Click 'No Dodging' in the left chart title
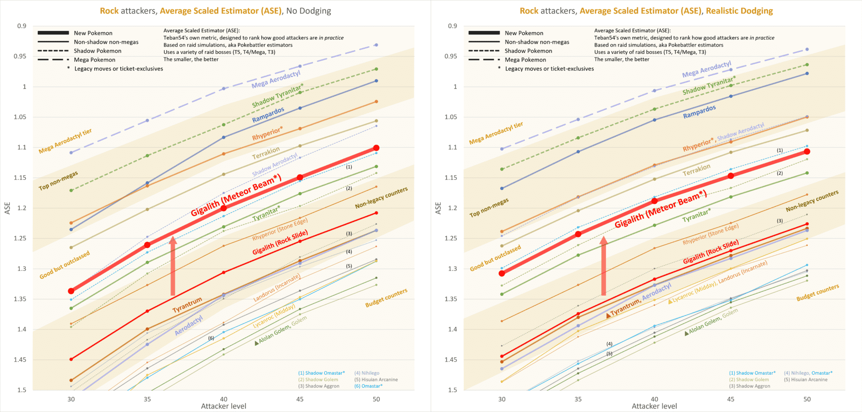point(308,11)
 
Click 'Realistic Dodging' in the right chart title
point(739,11)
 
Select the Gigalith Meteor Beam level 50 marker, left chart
point(376,148)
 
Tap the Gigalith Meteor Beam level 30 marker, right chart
point(502,273)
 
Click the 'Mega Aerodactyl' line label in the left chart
point(276,79)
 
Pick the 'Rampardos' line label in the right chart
point(699,112)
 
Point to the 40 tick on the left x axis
point(224,399)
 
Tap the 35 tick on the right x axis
point(578,399)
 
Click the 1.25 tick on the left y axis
point(21,238)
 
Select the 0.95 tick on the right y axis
point(451,56)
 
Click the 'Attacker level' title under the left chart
point(224,406)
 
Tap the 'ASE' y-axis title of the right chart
point(438,208)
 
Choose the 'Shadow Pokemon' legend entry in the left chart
point(97,51)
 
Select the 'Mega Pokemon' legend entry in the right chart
point(525,60)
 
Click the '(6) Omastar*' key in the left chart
point(369,386)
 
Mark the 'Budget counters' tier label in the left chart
point(386,298)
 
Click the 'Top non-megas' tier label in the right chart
point(489,208)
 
